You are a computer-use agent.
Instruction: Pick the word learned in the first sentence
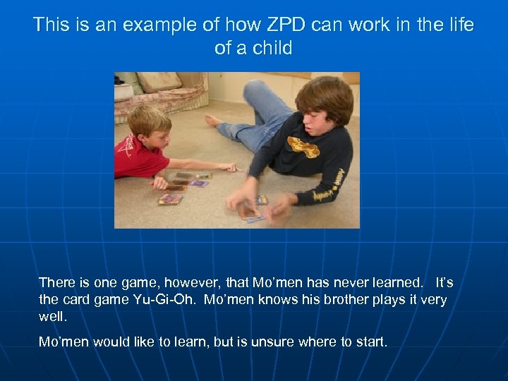392,282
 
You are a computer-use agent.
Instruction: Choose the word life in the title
460,25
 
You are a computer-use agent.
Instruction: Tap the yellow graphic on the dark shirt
303,147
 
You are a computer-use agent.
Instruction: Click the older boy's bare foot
212,120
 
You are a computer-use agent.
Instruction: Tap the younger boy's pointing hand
230,168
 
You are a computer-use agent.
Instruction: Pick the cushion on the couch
158,83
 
